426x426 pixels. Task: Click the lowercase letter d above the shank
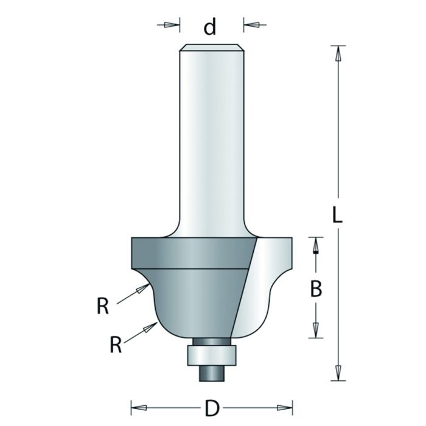pyautogui.click(x=210, y=27)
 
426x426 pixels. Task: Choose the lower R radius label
pyautogui.click(x=116, y=344)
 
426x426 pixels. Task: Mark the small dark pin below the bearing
pyautogui.click(x=210, y=372)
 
